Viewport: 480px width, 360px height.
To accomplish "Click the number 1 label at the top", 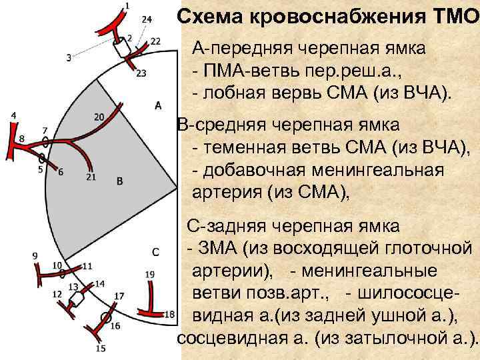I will (127, 6).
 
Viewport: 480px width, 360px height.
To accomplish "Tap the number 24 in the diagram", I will (147, 18).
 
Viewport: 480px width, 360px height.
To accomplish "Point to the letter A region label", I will (158, 105).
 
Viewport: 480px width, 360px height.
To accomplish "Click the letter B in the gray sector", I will (119, 181).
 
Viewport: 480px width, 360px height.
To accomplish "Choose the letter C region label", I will (155, 252).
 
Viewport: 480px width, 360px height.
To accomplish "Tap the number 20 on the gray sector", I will (98, 117).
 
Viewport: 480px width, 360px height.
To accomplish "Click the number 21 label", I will (91, 177).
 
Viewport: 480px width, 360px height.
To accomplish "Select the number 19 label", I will (150, 274).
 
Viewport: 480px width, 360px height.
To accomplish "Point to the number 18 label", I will (169, 314).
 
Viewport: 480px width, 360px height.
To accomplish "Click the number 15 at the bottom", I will (101, 348).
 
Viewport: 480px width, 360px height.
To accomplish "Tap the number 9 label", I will (35, 255).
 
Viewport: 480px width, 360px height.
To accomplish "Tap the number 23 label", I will (141, 73).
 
